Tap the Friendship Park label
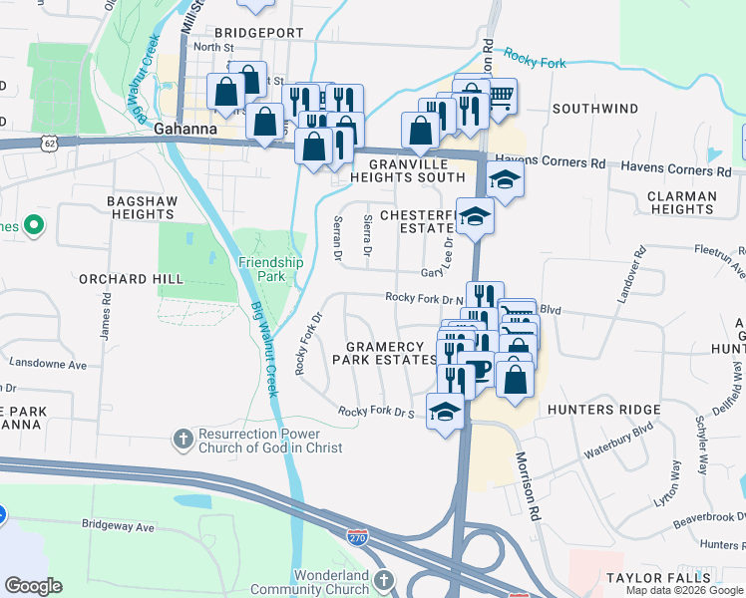[x=270, y=269]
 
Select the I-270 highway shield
[x=357, y=537]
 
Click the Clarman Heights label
[x=681, y=202]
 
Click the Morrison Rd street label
[x=527, y=486]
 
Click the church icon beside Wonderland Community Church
[x=385, y=578]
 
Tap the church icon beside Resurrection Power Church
[x=182, y=438]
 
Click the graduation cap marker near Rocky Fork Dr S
[x=444, y=411]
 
